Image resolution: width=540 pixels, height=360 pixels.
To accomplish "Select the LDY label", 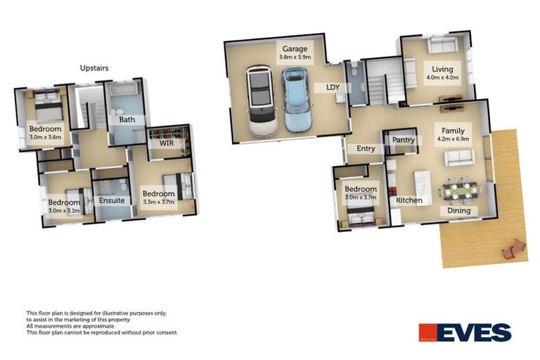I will tap(333, 88).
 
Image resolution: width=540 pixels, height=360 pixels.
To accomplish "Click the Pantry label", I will tap(404, 140).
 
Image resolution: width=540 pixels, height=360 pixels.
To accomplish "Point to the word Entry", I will tap(366, 148).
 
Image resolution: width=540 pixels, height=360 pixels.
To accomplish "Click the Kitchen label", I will tap(409, 200).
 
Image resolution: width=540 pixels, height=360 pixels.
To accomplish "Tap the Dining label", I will tap(460, 211).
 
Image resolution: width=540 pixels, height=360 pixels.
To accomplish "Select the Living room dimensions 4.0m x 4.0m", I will tap(442, 78).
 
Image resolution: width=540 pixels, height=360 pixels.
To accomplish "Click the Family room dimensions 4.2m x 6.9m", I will tap(453, 139).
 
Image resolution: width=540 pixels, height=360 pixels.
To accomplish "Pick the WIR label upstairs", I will tap(166, 143).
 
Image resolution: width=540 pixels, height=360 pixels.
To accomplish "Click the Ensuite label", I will tap(111, 200).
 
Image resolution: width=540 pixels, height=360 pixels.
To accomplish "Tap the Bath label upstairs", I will tap(127, 120).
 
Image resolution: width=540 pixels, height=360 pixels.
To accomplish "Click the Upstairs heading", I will tap(94, 68).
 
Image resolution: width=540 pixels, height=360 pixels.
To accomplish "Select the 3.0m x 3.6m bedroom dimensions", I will tap(45, 138).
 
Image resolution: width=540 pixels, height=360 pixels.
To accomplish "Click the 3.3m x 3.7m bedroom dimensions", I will tap(158, 202).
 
